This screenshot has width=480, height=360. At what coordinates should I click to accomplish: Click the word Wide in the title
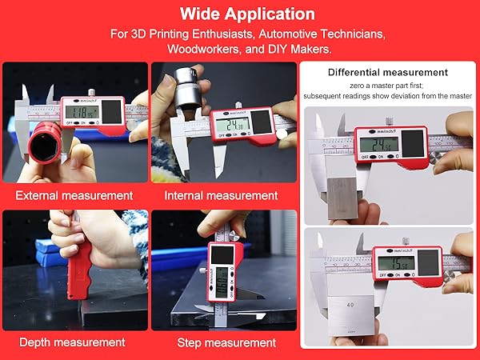[x=202, y=14]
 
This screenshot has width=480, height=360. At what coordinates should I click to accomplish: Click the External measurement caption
[x=74, y=195]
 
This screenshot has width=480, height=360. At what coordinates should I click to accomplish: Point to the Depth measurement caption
[x=72, y=342]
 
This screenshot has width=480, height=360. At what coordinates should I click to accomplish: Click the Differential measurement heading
[x=388, y=73]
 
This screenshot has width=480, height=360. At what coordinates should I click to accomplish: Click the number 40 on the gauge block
[x=350, y=305]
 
